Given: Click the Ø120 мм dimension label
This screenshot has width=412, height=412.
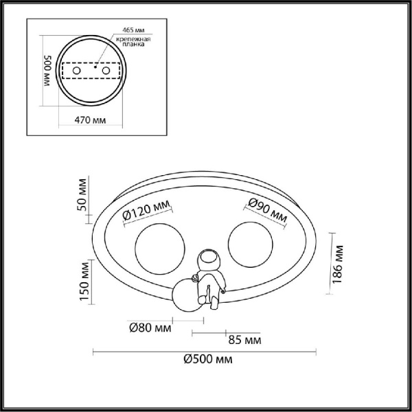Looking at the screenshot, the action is click(146, 211).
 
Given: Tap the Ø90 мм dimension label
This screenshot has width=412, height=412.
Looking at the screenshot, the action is click(268, 210).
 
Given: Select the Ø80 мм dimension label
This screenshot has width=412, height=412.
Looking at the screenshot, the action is click(150, 328).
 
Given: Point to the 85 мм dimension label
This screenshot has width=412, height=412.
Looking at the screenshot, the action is click(244, 340).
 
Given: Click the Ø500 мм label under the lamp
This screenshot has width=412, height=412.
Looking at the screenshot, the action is click(208, 359).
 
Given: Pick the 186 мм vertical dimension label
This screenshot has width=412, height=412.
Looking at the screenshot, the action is click(338, 264).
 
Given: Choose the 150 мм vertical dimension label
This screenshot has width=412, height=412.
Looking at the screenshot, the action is click(84, 281).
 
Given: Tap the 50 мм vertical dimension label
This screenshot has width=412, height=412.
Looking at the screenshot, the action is click(82, 195).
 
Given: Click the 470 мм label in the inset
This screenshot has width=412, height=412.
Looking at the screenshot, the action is click(90, 120).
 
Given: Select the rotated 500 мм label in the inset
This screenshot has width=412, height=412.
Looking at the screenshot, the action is click(48, 71).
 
